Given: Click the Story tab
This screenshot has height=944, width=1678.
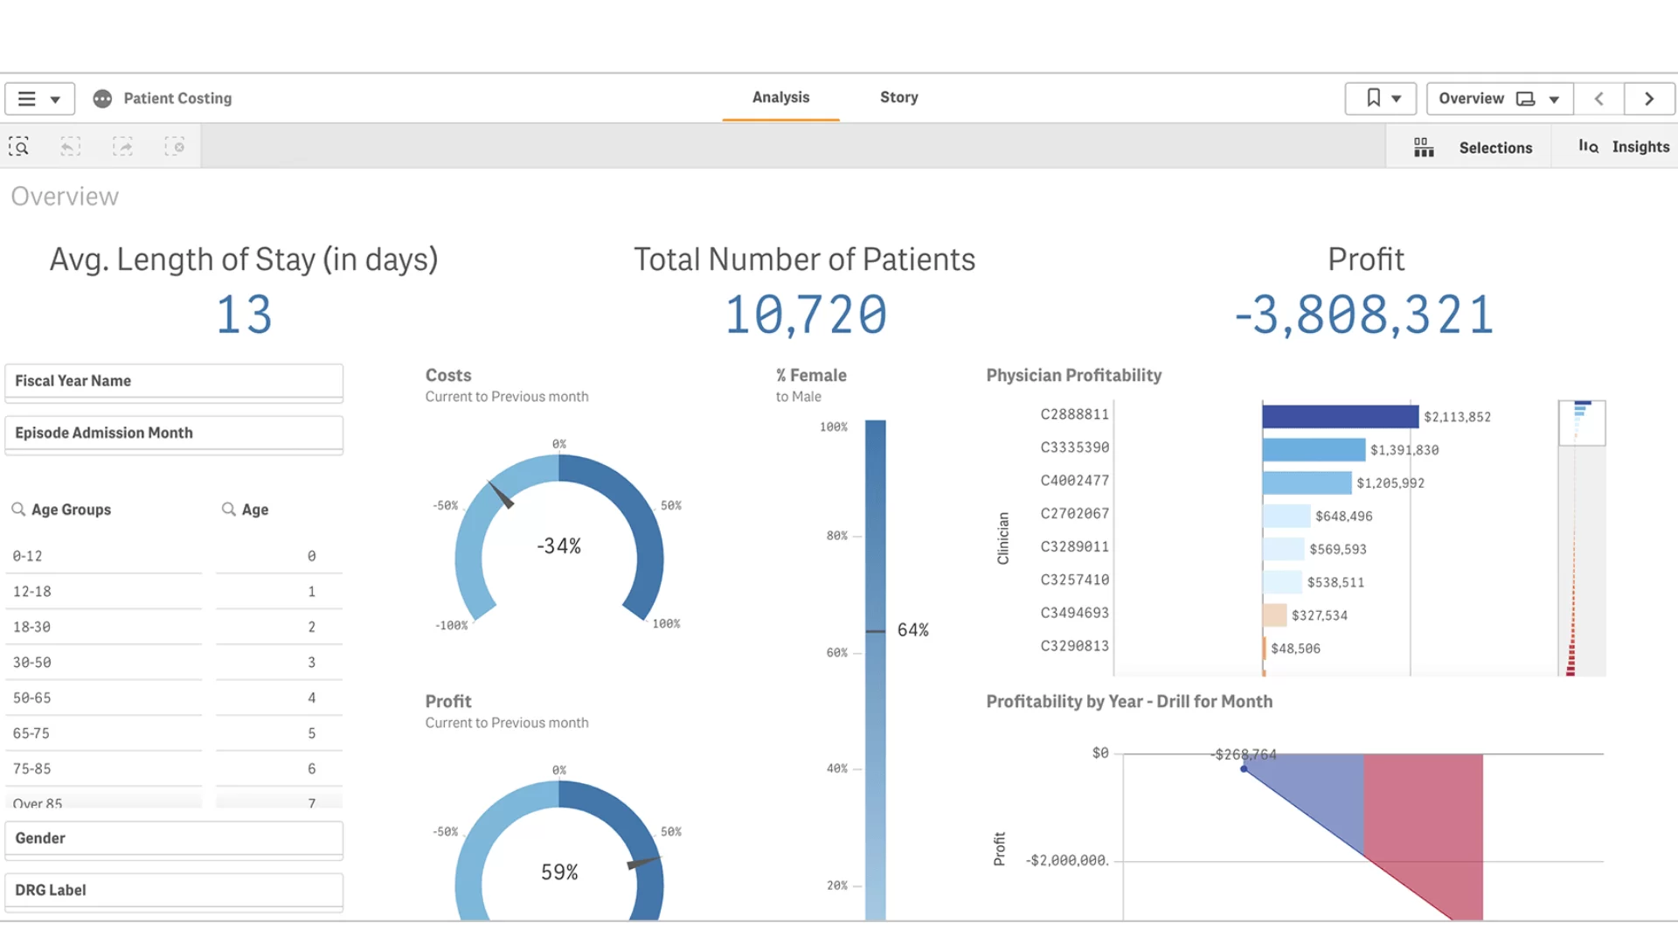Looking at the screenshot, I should coord(898,97).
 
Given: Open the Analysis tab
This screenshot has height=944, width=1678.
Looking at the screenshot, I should coord(780,97).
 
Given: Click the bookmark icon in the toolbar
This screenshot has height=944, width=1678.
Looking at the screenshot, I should coord(1374,98).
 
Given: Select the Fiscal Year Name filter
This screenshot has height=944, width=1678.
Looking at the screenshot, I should coord(173,381).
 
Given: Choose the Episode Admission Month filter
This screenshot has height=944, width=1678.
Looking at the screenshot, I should coord(173,433).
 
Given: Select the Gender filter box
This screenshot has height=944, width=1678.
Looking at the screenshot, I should coord(173,838).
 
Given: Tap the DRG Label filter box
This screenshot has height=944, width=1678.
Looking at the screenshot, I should coord(173,890).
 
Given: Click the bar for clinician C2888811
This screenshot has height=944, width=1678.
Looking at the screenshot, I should coord(1340,416).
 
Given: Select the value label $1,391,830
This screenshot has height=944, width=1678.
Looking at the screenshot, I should coord(1404,450).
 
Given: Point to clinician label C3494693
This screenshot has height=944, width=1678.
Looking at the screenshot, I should coord(1074,613).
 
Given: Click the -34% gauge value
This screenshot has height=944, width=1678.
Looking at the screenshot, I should coord(558,546).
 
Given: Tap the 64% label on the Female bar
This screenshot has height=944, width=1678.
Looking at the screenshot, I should coord(912,630).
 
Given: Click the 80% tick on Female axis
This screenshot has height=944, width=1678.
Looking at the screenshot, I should coord(836,536).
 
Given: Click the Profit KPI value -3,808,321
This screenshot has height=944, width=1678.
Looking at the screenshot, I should coord(1364,315).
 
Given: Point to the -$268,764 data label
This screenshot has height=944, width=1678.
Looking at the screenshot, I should coord(1245,754).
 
